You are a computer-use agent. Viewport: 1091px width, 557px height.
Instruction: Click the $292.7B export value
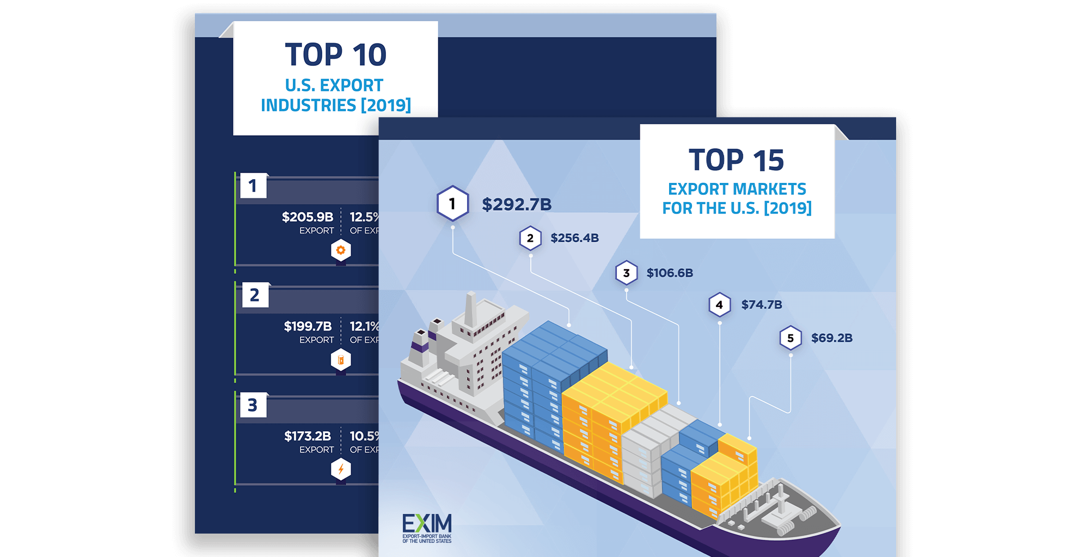(516, 205)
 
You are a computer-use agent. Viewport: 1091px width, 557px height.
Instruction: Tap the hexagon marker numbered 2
(530, 238)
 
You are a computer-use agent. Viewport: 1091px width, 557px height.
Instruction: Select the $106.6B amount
(670, 273)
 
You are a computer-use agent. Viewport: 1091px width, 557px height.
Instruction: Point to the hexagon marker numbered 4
(719, 305)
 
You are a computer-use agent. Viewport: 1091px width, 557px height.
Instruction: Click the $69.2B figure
(831, 338)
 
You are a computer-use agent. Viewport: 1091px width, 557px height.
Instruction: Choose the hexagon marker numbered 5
(790, 338)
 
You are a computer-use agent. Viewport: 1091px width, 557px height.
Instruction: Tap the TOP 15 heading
(736, 160)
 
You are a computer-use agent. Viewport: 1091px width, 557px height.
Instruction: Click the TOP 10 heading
(335, 55)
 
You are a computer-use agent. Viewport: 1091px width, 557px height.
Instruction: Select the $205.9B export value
(308, 217)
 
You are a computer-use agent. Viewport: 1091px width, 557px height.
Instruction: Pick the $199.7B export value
(308, 327)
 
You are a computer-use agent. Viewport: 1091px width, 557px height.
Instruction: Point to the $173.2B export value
(308, 436)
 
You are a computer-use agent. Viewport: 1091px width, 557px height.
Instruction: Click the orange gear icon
(341, 250)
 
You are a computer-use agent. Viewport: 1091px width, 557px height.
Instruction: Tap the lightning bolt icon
(341, 469)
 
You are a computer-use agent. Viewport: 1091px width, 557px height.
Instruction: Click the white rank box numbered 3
(253, 405)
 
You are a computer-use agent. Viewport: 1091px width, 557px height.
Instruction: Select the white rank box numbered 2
(254, 295)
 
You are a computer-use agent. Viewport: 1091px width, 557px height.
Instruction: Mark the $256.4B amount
(574, 238)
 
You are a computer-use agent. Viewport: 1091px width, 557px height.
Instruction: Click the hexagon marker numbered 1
(452, 204)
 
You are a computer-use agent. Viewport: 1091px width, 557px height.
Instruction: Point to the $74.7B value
(762, 305)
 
